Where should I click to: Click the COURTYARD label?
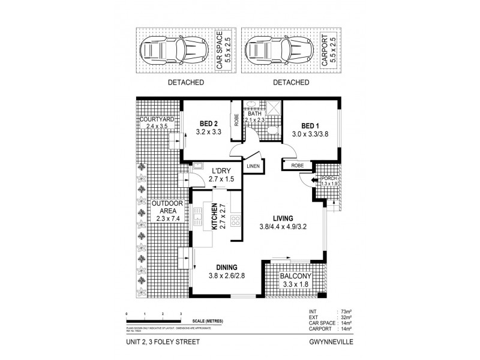point(157,119)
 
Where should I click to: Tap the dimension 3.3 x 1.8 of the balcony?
point(293,285)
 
